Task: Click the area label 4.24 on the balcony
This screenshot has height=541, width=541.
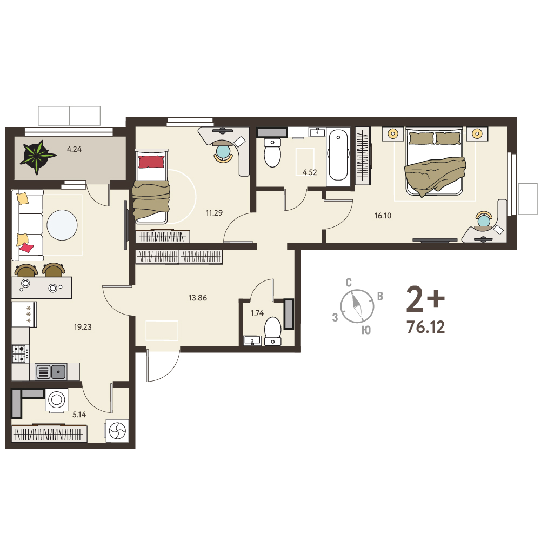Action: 74,149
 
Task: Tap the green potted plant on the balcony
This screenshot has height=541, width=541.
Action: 37,156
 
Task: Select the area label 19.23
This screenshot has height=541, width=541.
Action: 83,327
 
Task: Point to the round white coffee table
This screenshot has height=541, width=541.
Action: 62,225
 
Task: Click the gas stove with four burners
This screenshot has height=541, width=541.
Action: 21,353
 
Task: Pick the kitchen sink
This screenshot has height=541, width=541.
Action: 51,372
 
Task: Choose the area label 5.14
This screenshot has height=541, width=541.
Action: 79,415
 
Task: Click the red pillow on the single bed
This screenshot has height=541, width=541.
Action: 151,162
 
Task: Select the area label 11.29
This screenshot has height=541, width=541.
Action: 214,213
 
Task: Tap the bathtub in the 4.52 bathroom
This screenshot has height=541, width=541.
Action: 338,155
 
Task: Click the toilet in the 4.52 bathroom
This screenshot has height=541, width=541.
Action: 272,152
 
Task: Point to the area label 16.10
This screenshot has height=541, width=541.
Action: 383,216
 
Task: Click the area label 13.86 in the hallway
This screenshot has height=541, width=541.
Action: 198,298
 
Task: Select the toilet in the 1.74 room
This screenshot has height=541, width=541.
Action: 272,331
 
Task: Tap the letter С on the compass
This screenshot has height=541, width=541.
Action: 349,283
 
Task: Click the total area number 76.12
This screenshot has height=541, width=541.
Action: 426,327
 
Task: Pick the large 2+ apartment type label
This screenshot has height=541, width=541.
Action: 425,299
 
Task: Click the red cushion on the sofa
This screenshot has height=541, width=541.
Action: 26,248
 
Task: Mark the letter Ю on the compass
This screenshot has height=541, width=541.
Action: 366,330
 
